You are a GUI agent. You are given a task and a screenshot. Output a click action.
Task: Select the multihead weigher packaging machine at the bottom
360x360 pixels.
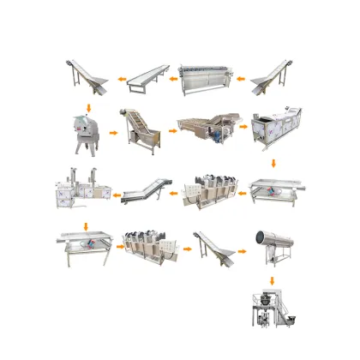272,314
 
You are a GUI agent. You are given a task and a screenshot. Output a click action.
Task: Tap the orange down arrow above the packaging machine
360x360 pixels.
272,280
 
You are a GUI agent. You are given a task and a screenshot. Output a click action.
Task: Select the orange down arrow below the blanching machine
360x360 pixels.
273,162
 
